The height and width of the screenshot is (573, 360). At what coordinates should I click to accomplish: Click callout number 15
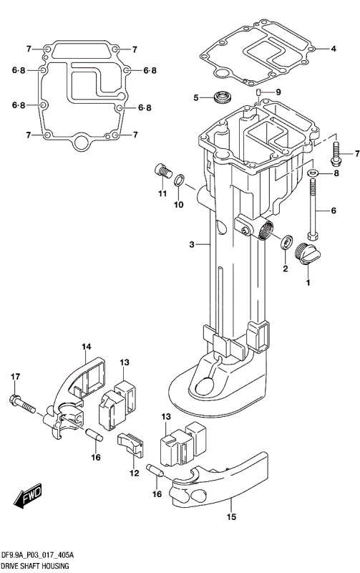[230, 516]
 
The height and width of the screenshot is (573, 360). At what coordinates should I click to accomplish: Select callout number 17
[15, 376]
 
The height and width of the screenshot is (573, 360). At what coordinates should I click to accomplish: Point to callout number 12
[134, 473]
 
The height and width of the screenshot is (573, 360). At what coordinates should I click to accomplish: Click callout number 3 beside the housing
[192, 245]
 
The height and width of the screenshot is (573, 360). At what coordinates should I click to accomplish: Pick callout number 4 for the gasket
[333, 49]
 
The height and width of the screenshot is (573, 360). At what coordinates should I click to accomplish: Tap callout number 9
[278, 92]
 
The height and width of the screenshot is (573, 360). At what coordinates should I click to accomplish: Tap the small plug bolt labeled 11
[161, 171]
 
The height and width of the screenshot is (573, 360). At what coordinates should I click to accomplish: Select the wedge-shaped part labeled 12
[131, 443]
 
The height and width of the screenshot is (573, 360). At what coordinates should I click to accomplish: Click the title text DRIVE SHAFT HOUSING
[34, 567]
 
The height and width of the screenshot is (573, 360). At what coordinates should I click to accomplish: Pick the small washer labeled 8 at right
[313, 174]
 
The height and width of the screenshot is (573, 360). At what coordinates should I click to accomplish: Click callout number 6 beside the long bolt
[333, 211]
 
